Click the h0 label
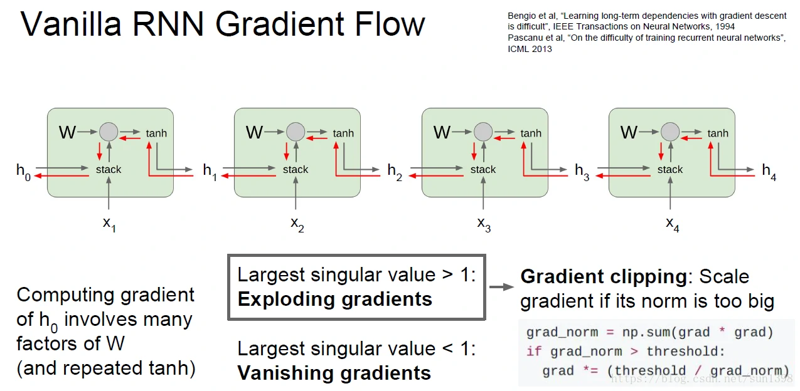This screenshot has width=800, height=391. tap(23, 171)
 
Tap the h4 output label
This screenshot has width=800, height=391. tap(769, 171)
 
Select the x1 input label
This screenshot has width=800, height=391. tap(109, 224)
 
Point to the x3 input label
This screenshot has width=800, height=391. tap(484, 224)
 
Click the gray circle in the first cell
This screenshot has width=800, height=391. tap(109, 132)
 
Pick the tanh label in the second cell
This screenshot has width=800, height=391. tap(343, 133)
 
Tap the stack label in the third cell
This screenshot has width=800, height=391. tap(483, 169)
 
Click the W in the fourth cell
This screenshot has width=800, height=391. tap(629, 133)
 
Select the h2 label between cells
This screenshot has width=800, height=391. tap(395, 171)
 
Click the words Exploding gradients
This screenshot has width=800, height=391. tap(334, 300)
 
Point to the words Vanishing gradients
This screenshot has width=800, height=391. tap(334, 373)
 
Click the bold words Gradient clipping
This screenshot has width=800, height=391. tap(603, 277)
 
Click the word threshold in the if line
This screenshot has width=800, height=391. tap(685, 351)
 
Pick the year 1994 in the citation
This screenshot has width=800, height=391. tap(721, 27)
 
